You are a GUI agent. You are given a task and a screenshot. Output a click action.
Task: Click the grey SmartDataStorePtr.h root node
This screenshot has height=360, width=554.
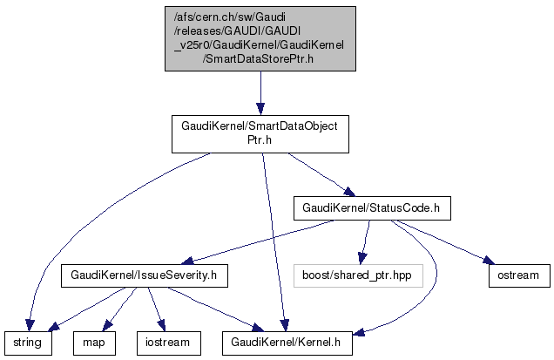260,39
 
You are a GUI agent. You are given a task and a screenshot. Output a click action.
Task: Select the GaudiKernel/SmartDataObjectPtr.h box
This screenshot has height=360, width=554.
260,132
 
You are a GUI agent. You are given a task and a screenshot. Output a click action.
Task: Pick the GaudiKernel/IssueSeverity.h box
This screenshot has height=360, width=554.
144,276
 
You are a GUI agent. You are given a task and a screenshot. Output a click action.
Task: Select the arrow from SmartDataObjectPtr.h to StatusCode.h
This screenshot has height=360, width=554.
318,175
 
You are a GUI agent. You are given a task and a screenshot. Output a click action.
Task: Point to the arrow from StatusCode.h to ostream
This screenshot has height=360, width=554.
440,243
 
